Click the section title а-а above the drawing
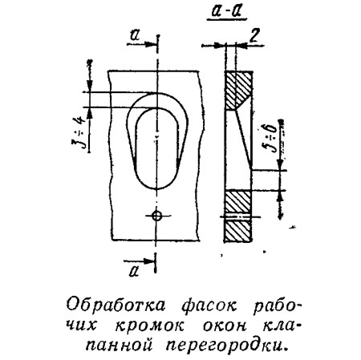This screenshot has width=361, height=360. pos(227,13)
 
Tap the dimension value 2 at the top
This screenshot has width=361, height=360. pos(254,34)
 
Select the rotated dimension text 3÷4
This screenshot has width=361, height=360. pos(79,132)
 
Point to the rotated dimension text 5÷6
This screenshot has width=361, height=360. pos(270,138)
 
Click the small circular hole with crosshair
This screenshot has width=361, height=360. pos(156,215)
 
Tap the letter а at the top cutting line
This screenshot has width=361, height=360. pos(136,35)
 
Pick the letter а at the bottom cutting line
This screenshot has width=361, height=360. pos(134,271)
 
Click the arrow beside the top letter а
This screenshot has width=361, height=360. pos(141,44)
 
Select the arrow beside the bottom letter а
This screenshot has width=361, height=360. pos(140,261)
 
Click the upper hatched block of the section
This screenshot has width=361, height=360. pos(237,90)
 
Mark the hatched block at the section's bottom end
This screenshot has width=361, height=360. pos(237,230)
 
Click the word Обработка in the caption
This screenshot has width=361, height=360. pos(116,305)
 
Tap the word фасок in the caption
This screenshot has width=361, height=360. pos(209,306)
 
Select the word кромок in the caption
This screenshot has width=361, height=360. pos(150,326)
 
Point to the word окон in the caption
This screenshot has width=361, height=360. pos(225,326)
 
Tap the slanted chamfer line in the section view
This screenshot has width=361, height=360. pos(243,139)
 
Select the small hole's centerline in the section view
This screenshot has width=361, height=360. pos(240,216)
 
